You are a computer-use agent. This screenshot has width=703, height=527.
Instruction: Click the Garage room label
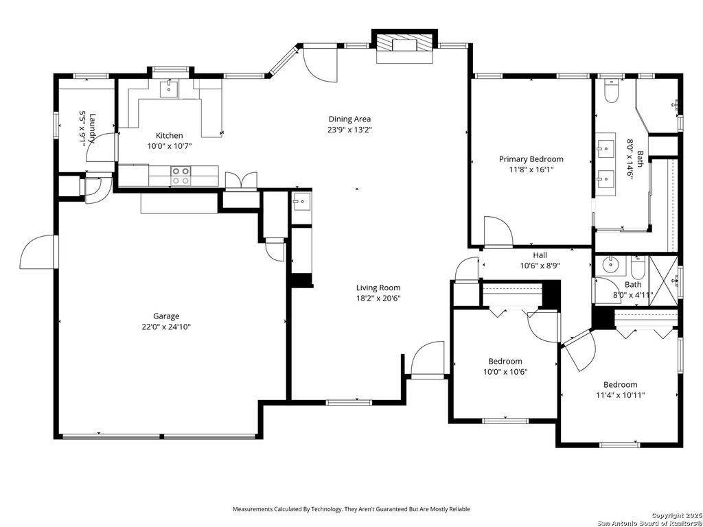click(166, 316)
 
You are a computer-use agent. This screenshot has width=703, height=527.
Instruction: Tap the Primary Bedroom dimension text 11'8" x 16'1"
click(531, 169)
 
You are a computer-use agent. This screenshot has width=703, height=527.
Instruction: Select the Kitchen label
click(169, 135)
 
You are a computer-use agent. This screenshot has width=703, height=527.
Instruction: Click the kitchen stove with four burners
click(181, 176)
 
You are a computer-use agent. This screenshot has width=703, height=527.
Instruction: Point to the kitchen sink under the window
click(169, 89)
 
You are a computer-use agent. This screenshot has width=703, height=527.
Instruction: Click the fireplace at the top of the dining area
click(404, 46)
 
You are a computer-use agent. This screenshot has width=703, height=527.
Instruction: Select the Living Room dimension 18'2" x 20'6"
click(378, 298)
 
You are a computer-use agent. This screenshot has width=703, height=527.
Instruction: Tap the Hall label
click(540, 255)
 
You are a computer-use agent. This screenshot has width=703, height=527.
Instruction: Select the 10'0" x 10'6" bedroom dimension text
click(505, 372)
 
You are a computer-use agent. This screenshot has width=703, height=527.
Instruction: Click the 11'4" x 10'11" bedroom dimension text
click(620, 395)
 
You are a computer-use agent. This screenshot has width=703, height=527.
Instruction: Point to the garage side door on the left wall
click(38, 252)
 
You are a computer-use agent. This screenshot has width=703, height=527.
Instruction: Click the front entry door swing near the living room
click(426, 360)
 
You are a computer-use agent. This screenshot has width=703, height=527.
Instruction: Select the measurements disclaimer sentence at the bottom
click(351, 509)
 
